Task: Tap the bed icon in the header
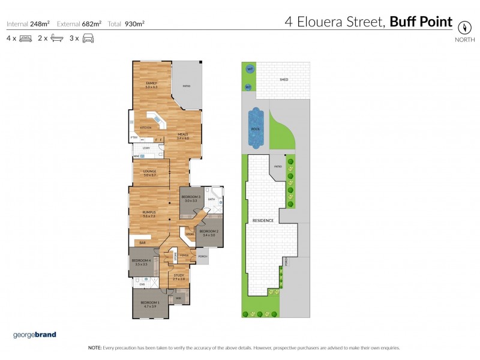tap(25, 39)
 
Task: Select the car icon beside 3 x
tap(88, 39)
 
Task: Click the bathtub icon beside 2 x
tap(56, 39)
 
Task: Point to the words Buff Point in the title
tap(421, 22)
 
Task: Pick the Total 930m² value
tap(126, 24)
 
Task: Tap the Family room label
tap(151, 85)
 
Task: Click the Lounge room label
tap(149, 173)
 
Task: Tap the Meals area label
tap(183, 136)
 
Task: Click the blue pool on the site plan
tap(256, 129)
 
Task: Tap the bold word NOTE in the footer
tap(95, 348)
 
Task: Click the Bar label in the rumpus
tap(143, 242)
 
